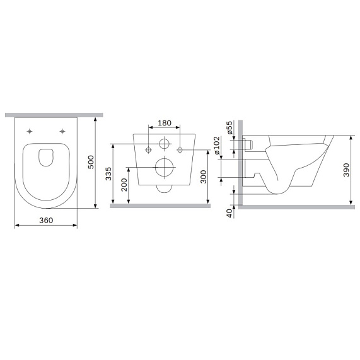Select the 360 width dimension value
tap(45, 220)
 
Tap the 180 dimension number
tap(164, 123)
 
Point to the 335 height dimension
tap(108, 174)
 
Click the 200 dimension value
tap(124, 185)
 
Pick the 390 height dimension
tap(346, 170)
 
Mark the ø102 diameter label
tap(216, 144)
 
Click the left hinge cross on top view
tap(30, 131)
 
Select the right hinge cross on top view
tap(62, 131)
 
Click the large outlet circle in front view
tap(164, 168)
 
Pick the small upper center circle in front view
tap(164, 144)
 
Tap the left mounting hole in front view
tap(149, 149)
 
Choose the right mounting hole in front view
tap(180, 149)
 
